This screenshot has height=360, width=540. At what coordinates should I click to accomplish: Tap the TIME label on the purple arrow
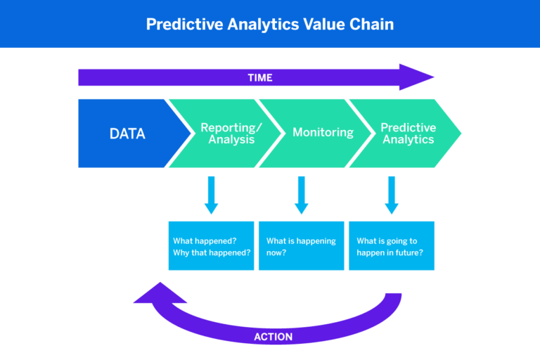point(259,77)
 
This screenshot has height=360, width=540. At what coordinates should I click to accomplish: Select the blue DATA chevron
point(127,134)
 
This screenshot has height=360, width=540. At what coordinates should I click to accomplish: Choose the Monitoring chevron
point(313,133)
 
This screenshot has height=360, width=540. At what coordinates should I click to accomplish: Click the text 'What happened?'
point(204,240)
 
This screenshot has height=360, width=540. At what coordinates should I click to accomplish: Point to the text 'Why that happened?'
point(212,252)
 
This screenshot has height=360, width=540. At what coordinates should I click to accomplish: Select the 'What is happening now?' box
point(302,246)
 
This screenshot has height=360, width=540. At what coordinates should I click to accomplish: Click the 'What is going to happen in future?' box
point(392,246)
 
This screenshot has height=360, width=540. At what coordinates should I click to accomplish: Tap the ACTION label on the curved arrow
point(273,337)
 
